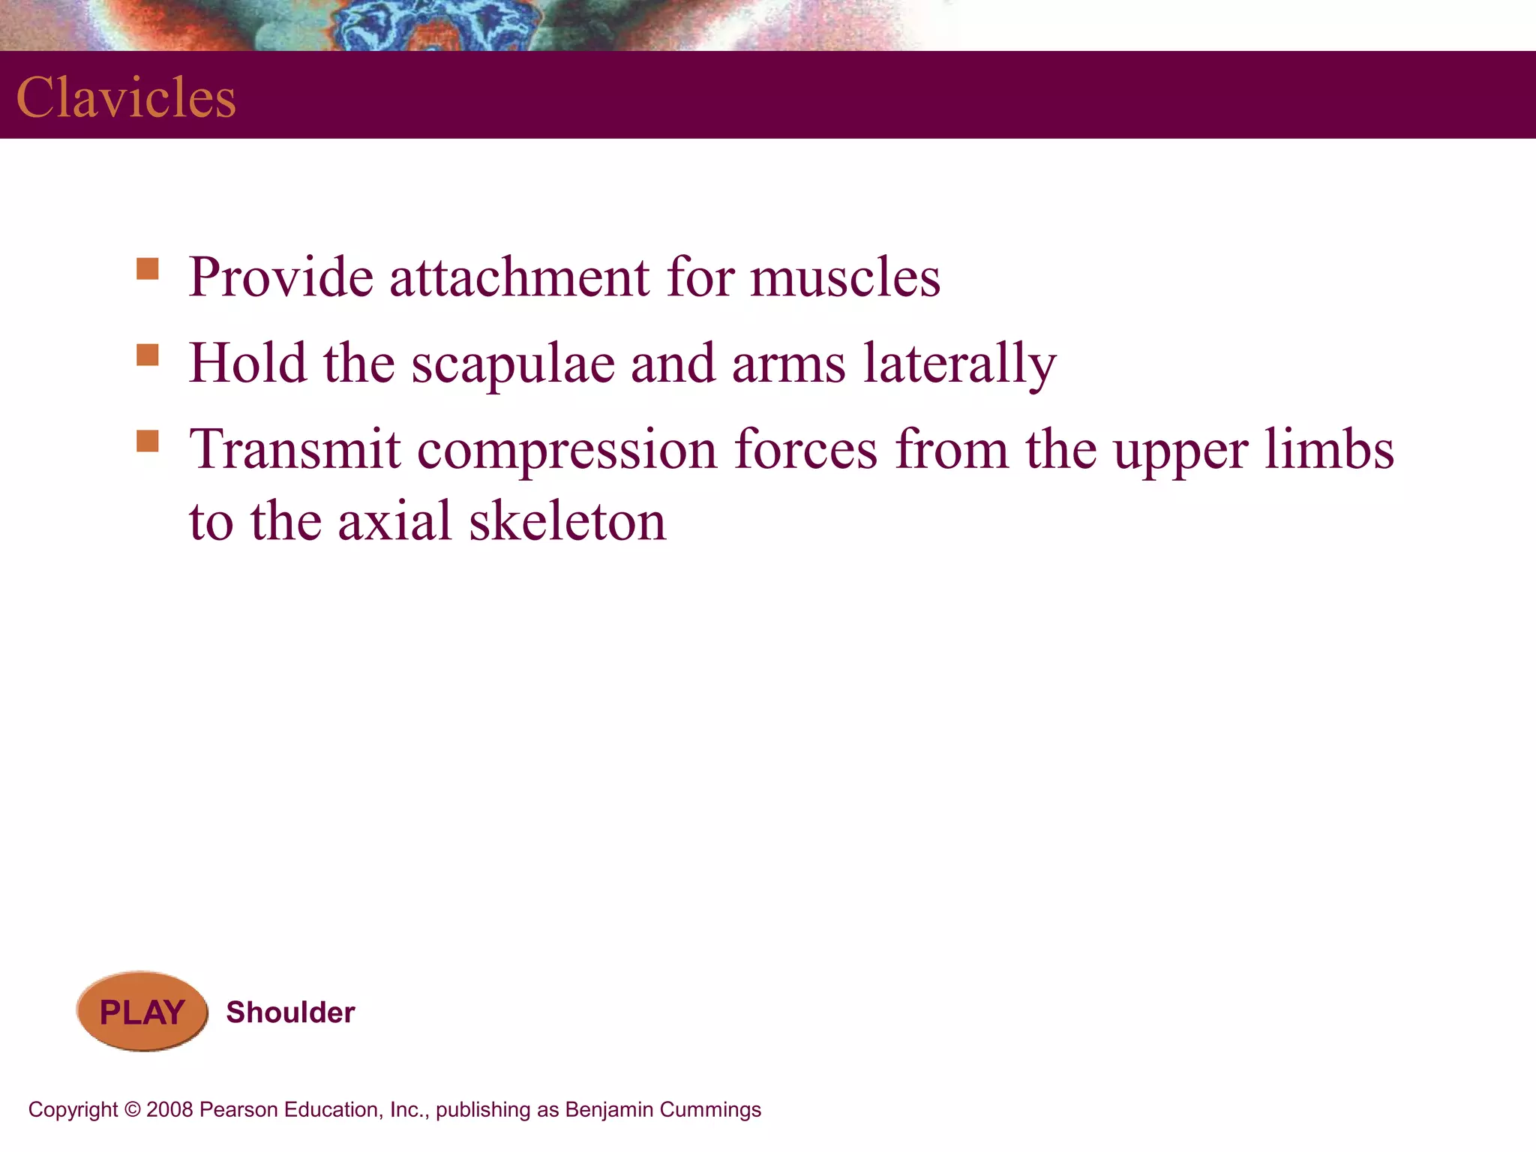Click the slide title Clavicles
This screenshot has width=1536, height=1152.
point(126,97)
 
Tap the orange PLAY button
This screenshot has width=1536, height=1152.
point(142,1012)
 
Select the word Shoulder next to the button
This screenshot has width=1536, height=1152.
point(290,1012)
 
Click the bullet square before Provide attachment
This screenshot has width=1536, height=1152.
point(148,268)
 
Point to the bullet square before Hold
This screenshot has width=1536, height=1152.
point(148,355)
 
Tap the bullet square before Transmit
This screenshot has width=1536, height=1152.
point(148,441)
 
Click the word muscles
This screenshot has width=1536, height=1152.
point(845,277)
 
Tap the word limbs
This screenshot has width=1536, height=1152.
point(1329,449)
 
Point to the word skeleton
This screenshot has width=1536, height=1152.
point(567,521)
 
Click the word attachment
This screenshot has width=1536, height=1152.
point(519,277)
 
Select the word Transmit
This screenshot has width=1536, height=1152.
point(295,449)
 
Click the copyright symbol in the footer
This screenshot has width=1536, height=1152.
point(133,1110)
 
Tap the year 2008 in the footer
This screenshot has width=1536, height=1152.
point(169,1110)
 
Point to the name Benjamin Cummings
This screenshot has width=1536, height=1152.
point(663,1110)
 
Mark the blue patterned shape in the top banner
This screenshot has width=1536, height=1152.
point(435,26)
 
